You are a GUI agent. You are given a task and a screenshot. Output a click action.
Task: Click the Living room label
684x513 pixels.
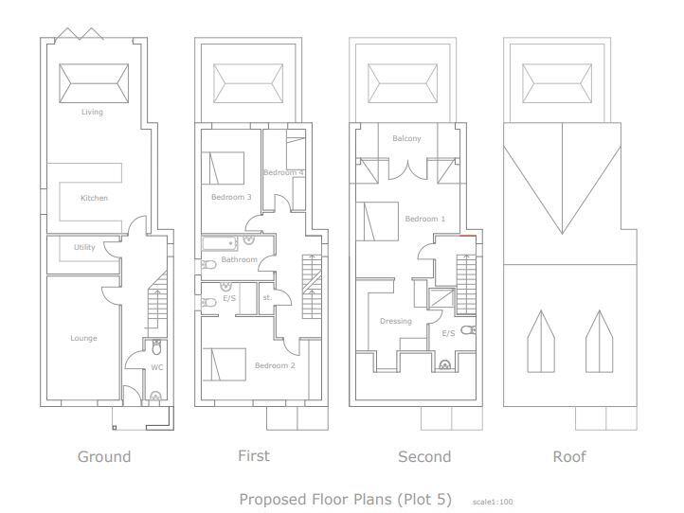coord(92,113)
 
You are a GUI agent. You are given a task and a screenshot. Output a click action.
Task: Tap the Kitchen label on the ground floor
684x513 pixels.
coord(94,199)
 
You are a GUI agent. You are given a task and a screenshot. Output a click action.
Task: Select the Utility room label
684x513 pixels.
coord(84,248)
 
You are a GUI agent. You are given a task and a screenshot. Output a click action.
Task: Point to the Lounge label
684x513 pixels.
coord(83,339)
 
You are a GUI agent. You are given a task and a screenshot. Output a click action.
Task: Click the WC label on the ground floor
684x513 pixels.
coord(157,367)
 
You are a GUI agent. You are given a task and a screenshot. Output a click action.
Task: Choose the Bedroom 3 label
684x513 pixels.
coord(230,198)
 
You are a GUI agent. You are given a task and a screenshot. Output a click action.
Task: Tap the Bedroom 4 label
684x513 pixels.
coord(283,173)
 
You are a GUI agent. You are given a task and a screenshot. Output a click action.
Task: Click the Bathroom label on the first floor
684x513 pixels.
coord(239,259)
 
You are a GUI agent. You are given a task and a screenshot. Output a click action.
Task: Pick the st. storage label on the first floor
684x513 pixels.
coord(267,298)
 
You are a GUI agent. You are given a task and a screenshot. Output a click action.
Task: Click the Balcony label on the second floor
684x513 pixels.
coord(406,139)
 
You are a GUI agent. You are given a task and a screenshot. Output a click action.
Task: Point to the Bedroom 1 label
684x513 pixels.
coord(424,220)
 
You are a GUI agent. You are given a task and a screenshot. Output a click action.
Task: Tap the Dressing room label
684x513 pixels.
coord(396,322)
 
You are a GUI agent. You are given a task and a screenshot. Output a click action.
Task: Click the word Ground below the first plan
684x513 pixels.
coord(103,457)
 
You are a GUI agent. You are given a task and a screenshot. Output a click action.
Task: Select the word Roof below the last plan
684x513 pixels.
coord(569,457)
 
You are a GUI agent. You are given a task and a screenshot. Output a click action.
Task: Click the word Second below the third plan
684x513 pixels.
coord(424,457)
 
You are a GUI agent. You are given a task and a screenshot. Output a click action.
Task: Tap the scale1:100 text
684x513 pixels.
coord(493,502)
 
